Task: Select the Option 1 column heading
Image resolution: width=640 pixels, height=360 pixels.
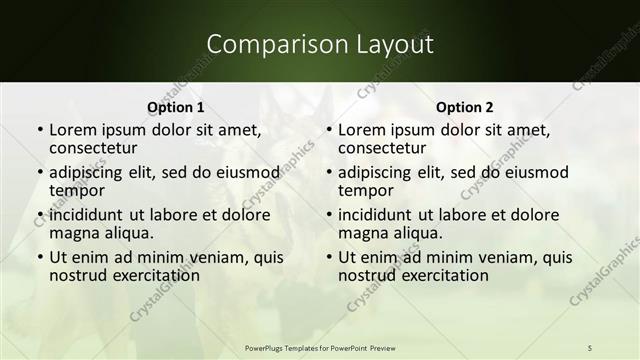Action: click(175, 107)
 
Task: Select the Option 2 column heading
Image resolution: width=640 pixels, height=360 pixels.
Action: click(465, 107)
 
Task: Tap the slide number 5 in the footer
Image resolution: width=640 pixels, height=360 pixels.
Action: click(589, 346)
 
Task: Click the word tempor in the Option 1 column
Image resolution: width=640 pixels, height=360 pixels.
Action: click(75, 190)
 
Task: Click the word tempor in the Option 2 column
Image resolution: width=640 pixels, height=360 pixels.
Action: click(364, 190)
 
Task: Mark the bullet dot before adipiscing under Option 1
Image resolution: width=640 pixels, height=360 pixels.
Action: click(39, 172)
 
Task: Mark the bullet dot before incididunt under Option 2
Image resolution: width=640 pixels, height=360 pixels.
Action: click(328, 215)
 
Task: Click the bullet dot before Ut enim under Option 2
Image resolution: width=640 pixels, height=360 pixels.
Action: click(328, 258)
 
